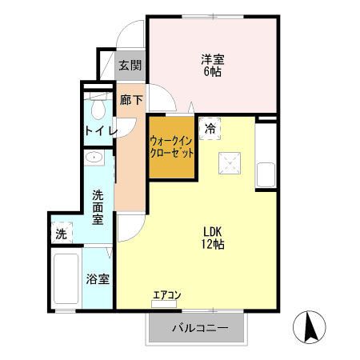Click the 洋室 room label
pyautogui.click(x=212, y=58)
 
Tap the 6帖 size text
pyautogui.click(x=212, y=71)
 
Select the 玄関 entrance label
pyautogui.click(x=130, y=66)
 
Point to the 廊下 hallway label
pyautogui.click(x=130, y=100)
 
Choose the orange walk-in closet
pyautogui.click(x=172, y=148)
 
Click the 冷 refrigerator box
pyautogui.click(x=210, y=128)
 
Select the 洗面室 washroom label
pyautogui.click(x=98, y=206)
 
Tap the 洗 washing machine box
pyautogui.click(x=62, y=234)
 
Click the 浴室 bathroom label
pyautogui.click(x=98, y=280)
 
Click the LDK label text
pyautogui.click(x=212, y=231)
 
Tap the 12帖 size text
pyautogui.click(x=212, y=245)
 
